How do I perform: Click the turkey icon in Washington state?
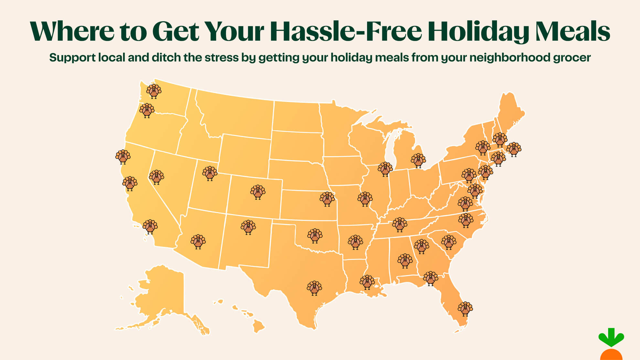(x=154, y=91)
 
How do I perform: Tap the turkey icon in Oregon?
(x=147, y=111)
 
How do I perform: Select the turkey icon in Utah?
(x=210, y=174)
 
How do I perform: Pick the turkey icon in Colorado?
(x=258, y=192)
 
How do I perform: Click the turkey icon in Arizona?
(x=198, y=242)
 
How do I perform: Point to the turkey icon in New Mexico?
(x=248, y=227)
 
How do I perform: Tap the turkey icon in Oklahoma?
(x=315, y=236)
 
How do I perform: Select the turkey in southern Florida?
(x=465, y=309)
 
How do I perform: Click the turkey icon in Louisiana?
(x=367, y=282)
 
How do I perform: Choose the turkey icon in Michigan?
(x=418, y=161)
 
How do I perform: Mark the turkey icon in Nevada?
(x=156, y=177)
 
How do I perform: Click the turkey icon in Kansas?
(x=327, y=199)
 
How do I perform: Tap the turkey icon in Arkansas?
(x=355, y=242)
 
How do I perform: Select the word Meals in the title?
(x=572, y=31)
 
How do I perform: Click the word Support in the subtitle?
(x=72, y=58)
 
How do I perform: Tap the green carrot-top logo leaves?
(x=611, y=338)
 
